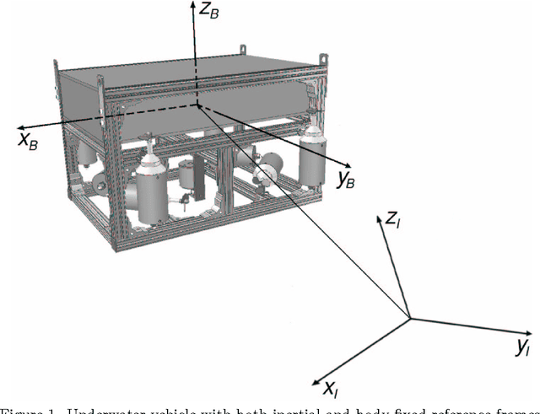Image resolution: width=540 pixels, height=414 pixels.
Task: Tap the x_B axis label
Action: [27, 141]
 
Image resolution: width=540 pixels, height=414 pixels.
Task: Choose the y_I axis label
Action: [523, 346]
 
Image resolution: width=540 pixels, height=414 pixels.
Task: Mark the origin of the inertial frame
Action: [410, 318]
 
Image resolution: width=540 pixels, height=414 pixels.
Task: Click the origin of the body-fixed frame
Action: [197, 105]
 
